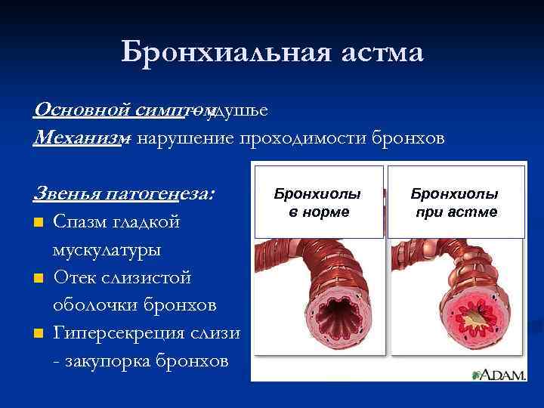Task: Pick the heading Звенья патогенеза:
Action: (125, 193)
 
